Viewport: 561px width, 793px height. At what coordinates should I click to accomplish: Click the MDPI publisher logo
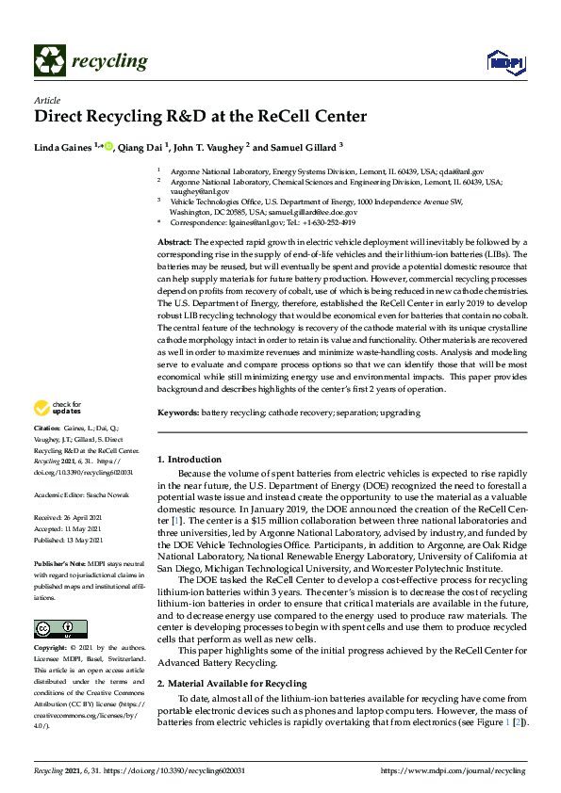tap(503, 62)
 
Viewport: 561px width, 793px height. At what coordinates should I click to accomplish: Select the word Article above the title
tap(46, 100)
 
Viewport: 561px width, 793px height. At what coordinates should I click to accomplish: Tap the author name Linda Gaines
tap(63, 147)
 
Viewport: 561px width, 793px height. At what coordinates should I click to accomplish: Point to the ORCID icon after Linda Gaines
tap(107, 147)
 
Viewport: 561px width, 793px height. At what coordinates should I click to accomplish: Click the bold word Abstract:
tap(176, 243)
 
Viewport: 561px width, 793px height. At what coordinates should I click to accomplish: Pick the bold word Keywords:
tap(178, 413)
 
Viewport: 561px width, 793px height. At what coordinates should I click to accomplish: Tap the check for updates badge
tap(58, 408)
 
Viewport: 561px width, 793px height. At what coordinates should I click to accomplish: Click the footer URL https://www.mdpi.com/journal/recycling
tap(453, 770)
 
